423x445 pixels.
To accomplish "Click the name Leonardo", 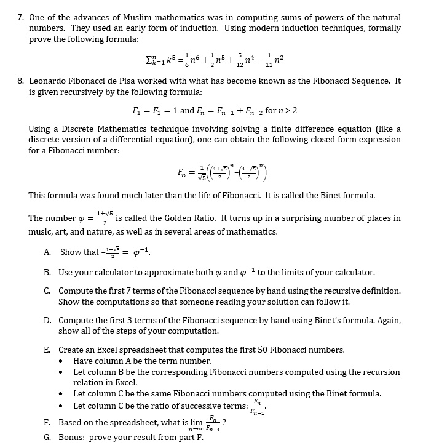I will click(49, 81).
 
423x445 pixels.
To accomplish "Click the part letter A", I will click(47, 252).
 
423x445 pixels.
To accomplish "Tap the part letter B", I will click(47, 272).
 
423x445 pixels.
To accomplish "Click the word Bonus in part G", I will click(73, 437).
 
